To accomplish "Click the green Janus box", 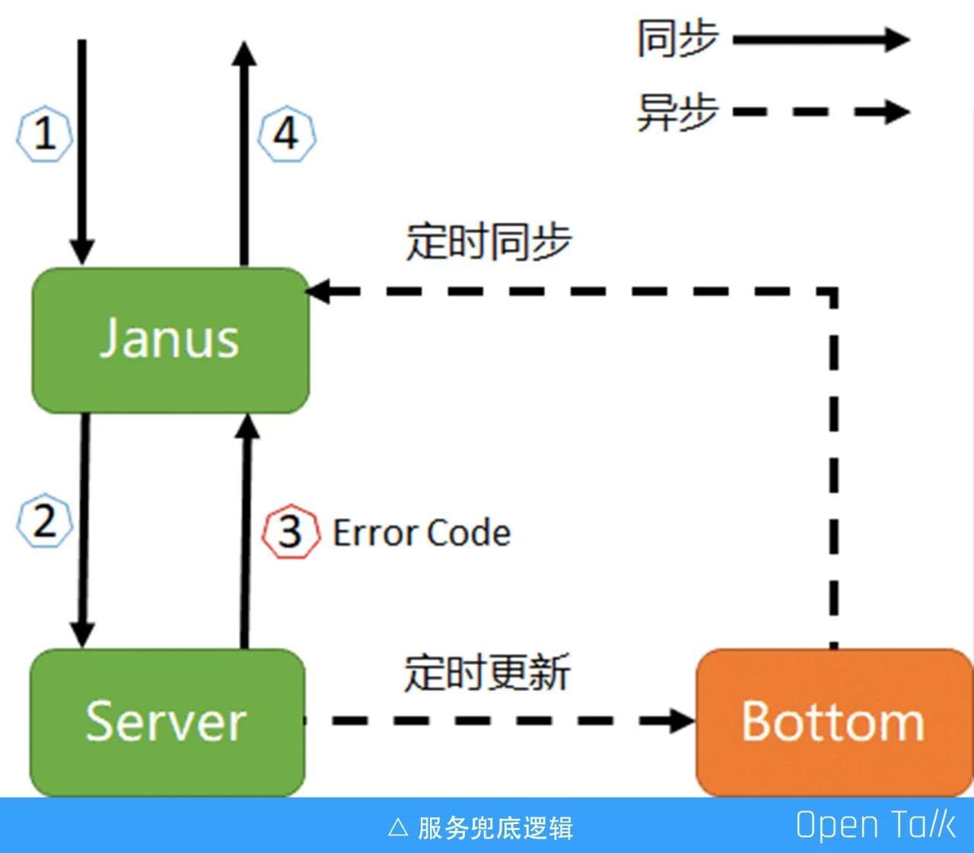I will coord(170,340).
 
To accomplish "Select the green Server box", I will coord(167,721).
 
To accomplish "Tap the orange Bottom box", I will coord(833,721).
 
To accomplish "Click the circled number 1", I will coord(45,135).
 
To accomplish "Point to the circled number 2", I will coord(45,521).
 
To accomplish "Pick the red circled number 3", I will coord(290,532).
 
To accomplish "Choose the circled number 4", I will coord(286,135).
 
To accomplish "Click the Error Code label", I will coord(422,533).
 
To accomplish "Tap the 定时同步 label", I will coord(488,241).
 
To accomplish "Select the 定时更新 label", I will coord(486,672).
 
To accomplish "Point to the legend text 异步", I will coord(676,112).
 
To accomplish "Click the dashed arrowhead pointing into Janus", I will coord(318,291).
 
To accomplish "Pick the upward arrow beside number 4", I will coord(244,152).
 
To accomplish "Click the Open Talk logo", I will coord(874,826).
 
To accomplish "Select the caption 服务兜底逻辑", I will coord(495,827).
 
